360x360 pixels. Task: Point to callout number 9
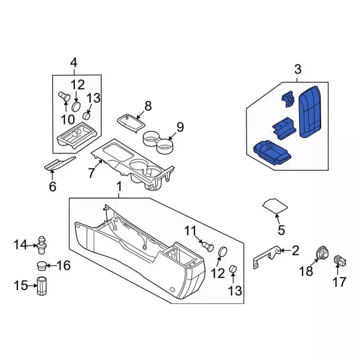180,127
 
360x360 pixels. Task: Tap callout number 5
281,229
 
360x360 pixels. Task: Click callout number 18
305,272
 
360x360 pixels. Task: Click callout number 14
20,244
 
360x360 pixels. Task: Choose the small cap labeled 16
42,265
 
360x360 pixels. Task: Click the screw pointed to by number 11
208,245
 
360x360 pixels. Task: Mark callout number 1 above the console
119,187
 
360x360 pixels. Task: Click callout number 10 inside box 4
67,119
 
